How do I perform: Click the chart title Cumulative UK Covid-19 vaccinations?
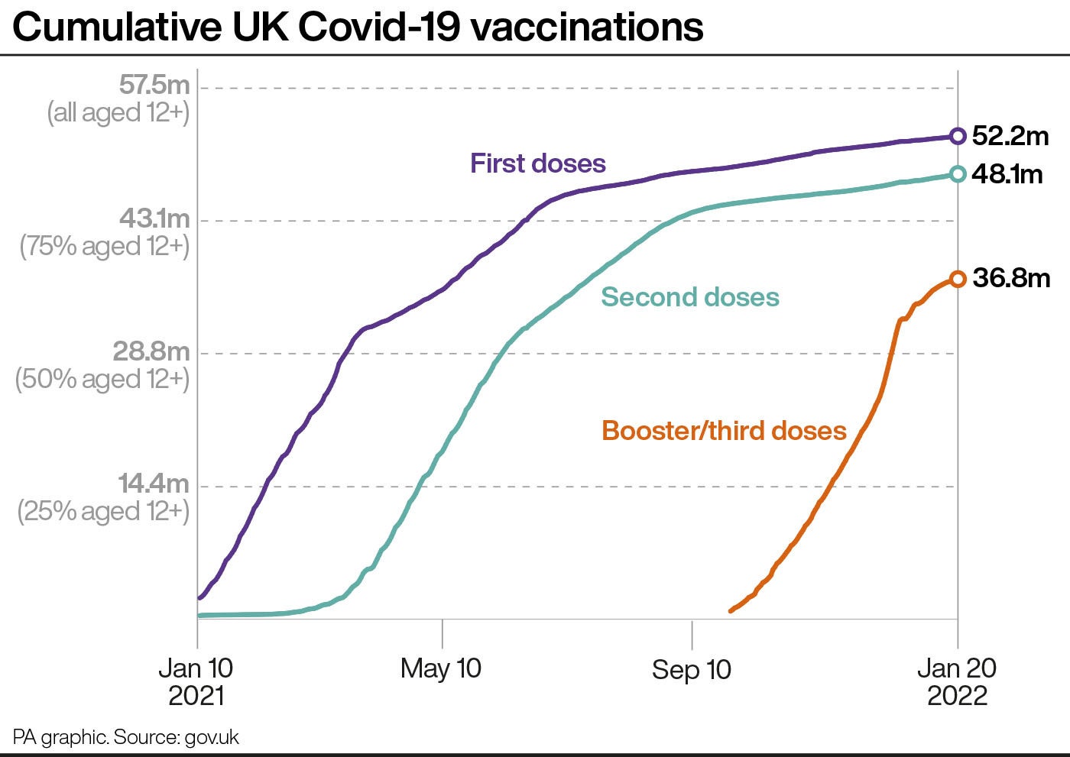click(358, 27)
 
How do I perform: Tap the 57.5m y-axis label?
click(154, 85)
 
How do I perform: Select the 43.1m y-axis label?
click(154, 218)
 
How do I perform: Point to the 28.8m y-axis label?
click(151, 351)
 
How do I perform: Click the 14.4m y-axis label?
click(154, 484)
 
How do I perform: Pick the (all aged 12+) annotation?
click(118, 113)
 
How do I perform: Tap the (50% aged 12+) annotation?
click(103, 379)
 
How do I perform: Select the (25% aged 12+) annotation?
click(104, 511)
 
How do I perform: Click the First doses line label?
click(537, 163)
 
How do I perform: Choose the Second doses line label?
click(689, 297)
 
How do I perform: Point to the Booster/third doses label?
click(724, 431)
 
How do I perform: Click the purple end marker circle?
click(957, 137)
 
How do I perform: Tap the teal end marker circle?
click(957, 175)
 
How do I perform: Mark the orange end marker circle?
click(957, 279)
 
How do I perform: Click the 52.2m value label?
click(1010, 136)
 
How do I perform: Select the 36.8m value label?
click(1011, 278)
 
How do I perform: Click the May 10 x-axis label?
click(441, 668)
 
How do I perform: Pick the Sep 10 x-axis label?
click(691, 670)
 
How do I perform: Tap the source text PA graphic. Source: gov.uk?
click(126, 737)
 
